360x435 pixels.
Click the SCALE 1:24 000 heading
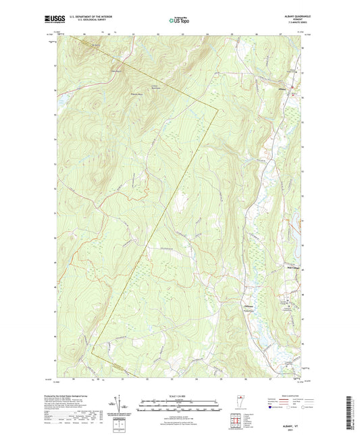[180, 396]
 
